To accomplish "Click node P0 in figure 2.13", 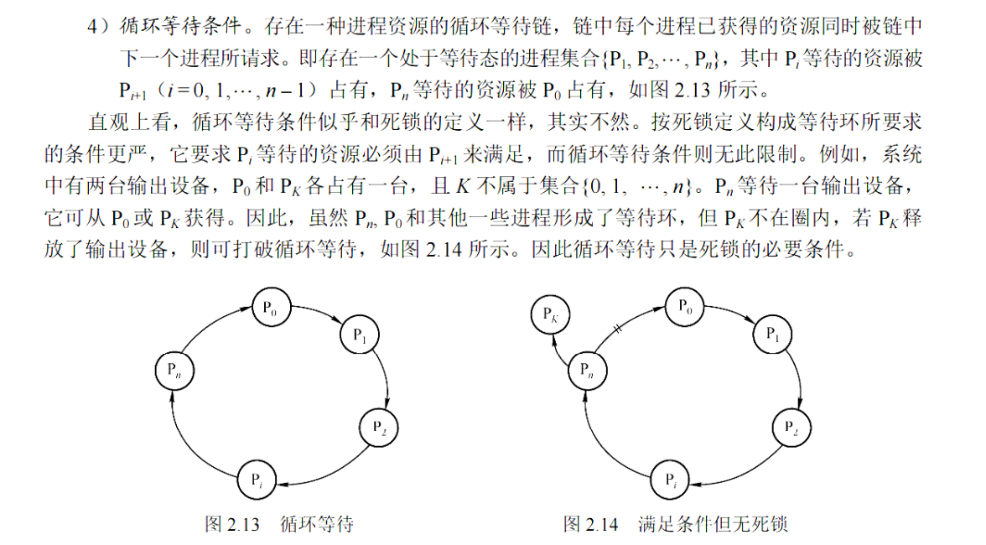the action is click(270, 307).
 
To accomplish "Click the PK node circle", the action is click(551, 316).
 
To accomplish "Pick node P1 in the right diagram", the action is click(772, 335).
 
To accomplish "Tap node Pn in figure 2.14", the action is click(589, 370).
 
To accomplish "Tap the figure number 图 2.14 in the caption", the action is click(591, 525).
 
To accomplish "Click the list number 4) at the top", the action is click(98, 25).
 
